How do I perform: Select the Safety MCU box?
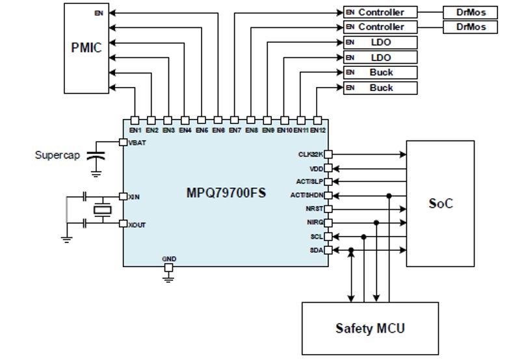click(370, 328)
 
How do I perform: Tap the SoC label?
click(441, 203)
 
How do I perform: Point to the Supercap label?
click(58, 156)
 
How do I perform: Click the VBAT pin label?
click(137, 142)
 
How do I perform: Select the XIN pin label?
click(135, 196)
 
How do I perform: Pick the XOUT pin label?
click(137, 224)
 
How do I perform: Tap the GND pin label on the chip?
click(169, 259)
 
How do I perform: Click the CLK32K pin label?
click(310, 155)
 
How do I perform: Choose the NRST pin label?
click(314, 209)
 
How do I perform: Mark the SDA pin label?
click(316, 250)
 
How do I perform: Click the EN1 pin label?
click(135, 131)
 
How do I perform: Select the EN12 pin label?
click(317, 131)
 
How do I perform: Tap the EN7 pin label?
click(235, 131)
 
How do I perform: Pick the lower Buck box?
click(380, 88)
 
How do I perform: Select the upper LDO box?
click(380, 42)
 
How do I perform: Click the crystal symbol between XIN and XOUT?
click(101, 209)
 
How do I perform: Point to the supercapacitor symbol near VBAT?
click(96, 157)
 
